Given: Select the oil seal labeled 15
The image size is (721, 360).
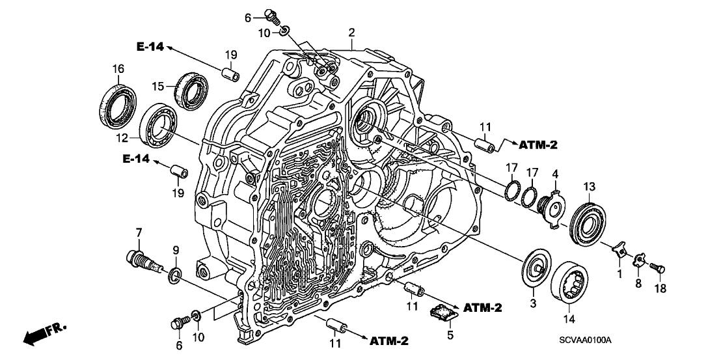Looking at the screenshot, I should [191, 90].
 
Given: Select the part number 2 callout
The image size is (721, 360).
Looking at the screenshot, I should [351, 32].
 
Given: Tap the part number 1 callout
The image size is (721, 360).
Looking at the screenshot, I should [619, 274].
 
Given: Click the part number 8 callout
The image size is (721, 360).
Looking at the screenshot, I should [638, 283].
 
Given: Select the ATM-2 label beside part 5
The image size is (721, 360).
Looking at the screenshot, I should [483, 307].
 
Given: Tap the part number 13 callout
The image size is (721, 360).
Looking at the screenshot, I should [588, 187].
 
